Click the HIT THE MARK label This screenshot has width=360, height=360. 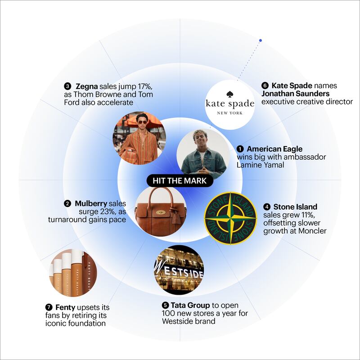180,181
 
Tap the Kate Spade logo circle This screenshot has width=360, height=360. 230,105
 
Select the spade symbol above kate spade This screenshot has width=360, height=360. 229,94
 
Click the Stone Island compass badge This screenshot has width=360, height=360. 230,218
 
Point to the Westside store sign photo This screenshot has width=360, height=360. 179,269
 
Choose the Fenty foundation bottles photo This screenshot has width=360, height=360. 73,273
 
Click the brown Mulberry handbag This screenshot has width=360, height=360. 161,210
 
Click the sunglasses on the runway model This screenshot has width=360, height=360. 142,122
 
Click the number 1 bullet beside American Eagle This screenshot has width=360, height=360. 240,149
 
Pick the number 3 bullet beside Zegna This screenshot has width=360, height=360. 67,86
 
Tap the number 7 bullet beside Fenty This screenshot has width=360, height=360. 49,307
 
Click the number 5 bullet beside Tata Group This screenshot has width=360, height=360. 165,306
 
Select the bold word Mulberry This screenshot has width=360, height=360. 91,204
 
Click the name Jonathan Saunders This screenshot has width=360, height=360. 296,94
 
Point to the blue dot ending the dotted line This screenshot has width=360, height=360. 261,40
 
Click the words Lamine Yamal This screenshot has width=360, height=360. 261,165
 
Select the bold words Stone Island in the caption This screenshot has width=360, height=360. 295,207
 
